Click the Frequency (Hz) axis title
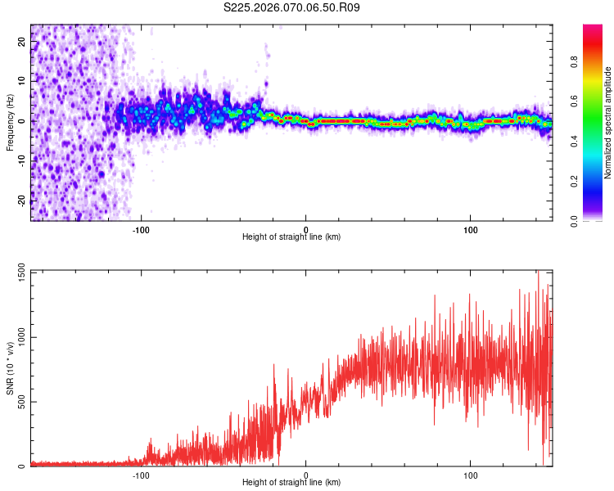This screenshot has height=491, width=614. (11, 122)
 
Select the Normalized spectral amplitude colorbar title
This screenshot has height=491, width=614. (607, 123)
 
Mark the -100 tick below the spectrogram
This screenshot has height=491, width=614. (141, 228)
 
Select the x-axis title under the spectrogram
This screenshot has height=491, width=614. (291, 237)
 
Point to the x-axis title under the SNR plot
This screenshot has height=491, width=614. (291, 483)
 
